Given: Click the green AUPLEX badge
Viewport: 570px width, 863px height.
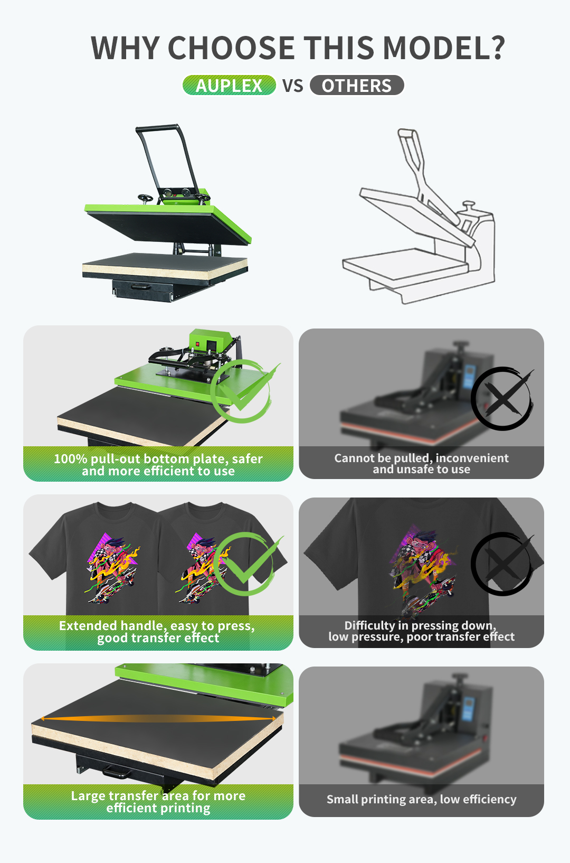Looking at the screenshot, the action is [x=229, y=85].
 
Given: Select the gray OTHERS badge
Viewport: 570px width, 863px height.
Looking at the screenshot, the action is [x=357, y=85].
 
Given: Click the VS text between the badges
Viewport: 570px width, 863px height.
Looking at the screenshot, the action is [x=292, y=86].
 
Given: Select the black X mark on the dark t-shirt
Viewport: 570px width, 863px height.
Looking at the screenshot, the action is [x=502, y=564].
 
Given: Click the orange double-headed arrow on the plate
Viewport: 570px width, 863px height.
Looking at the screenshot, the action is [x=158, y=718].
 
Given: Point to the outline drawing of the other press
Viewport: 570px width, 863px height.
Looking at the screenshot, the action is [x=419, y=215].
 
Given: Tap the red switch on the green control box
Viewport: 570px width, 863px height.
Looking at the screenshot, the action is [x=198, y=344].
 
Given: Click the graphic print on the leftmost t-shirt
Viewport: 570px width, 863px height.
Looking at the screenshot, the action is [x=111, y=571].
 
